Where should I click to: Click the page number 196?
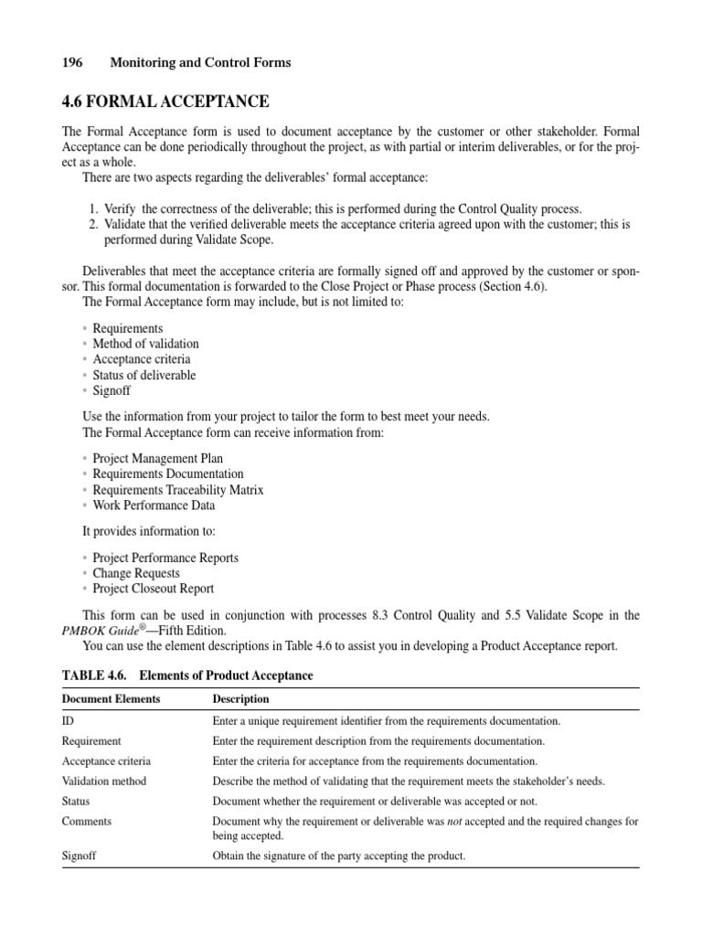72,62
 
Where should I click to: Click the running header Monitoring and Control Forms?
200,62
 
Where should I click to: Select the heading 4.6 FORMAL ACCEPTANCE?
165,101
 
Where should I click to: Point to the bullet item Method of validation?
145,344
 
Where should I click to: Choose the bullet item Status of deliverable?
144,375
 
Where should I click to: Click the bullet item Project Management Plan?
157,458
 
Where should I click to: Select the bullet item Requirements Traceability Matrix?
177,489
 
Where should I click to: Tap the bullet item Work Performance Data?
154,505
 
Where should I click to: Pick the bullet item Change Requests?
136,573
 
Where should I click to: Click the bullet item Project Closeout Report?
153,589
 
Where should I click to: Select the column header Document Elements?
111,699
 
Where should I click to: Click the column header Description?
240,699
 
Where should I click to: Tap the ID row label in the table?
68,721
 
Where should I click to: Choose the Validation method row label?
103,782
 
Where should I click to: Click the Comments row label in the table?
86,821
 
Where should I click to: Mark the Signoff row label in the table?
80,856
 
